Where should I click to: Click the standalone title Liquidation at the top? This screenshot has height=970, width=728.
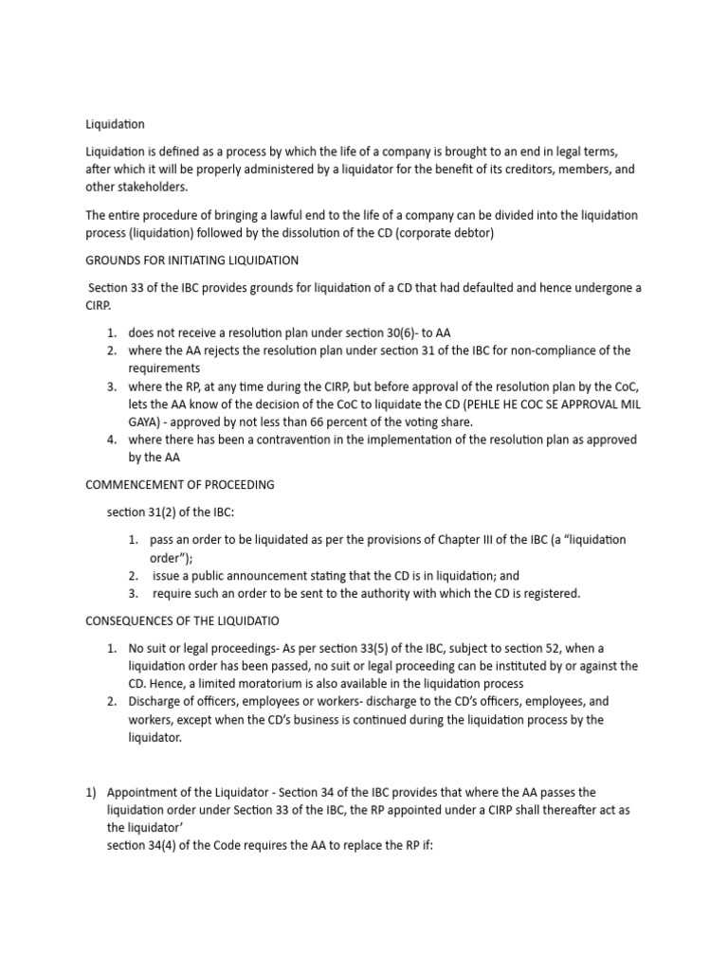[115, 124]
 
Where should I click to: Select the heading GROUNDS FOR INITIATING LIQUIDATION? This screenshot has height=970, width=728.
[191, 260]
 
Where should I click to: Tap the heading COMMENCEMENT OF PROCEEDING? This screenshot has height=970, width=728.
[180, 484]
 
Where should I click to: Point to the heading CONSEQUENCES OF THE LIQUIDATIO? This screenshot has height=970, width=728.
[182, 620]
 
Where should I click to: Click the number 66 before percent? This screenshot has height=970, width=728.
[354, 422]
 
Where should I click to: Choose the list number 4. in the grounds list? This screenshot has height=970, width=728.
[111, 440]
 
